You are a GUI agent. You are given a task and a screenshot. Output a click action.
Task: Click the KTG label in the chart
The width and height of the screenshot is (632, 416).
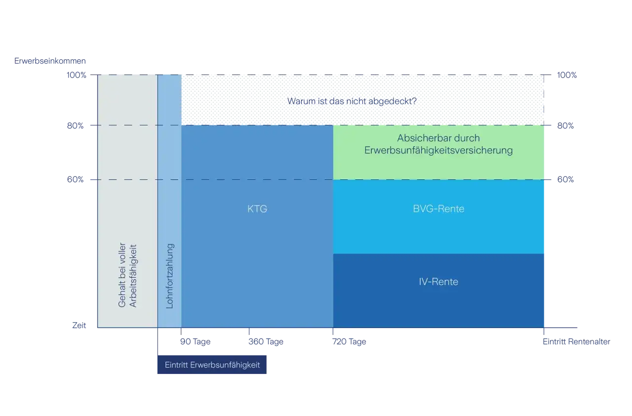(257, 209)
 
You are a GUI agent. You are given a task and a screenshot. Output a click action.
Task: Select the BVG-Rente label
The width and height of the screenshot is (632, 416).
(438, 208)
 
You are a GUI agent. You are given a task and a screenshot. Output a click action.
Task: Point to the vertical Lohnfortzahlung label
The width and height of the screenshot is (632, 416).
(170, 276)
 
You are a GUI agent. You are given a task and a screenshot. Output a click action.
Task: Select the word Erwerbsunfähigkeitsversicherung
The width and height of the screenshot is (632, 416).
(438, 150)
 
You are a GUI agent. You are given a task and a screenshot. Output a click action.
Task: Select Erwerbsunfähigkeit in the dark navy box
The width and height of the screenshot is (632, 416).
(225, 366)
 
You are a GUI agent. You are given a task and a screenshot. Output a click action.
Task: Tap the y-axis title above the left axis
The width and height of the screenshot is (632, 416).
(49, 61)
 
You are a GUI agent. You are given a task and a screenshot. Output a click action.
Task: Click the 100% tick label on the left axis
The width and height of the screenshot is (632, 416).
(77, 76)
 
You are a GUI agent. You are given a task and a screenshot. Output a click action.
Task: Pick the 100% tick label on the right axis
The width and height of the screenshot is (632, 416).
(566, 76)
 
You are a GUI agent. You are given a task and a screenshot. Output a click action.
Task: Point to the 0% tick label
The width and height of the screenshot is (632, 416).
(79, 327)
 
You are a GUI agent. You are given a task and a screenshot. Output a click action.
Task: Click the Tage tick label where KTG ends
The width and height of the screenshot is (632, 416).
(350, 342)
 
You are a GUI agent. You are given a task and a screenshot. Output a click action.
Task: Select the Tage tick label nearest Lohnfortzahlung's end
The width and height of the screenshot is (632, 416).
(195, 342)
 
